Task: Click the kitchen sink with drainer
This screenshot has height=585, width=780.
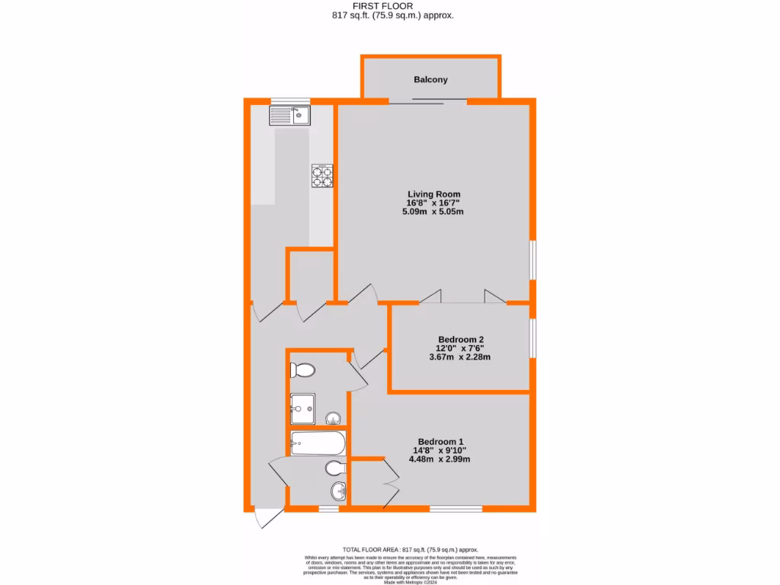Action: pyautogui.click(x=289, y=116)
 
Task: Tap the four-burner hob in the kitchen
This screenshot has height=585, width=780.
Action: pyautogui.click(x=321, y=176)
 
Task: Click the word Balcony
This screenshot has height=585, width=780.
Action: pyautogui.click(x=430, y=79)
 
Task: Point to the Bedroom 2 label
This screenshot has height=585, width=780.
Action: pyautogui.click(x=461, y=340)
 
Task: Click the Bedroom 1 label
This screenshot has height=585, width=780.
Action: pyautogui.click(x=440, y=442)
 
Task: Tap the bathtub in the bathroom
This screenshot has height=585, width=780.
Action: pyautogui.click(x=317, y=442)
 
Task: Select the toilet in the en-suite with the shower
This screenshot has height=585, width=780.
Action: pyautogui.click(x=303, y=371)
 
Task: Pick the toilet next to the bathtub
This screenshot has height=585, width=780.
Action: pyautogui.click(x=335, y=467)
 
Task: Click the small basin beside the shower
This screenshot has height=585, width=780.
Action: pyautogui.click(x=334, y=417)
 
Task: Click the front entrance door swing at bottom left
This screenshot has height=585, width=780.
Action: pyautogui.click(x=267, y=518)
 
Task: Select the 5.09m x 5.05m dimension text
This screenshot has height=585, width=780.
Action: pyautogui.click(x=433, y=212)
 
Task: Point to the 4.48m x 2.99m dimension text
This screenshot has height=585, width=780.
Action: pyautogui.click(x=440, y=459)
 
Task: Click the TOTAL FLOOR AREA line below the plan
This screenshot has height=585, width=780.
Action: pyautogui.click(x=410, y=549)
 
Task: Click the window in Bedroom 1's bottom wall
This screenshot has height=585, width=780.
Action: pyautogui.click(x=456, y=508)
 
